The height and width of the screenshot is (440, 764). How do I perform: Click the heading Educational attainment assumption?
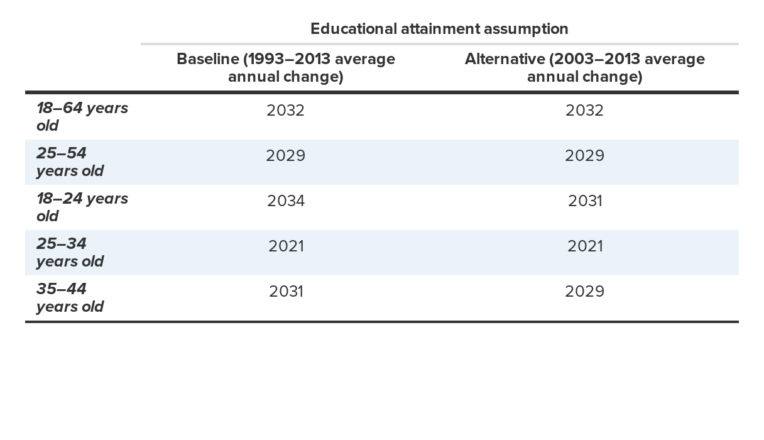click(439, 29)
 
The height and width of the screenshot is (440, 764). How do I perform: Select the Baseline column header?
click(285, 67)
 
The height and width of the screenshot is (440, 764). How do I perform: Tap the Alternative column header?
click(584, 67)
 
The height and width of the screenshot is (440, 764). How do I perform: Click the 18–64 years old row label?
click(82, 117)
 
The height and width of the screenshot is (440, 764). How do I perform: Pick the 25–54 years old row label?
click(70, 162)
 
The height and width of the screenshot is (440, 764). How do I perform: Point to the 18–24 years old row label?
click(82, 207)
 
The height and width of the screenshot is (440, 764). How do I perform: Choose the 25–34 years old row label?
click(70, 253)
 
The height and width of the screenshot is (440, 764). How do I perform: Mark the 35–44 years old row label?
click(70, 298)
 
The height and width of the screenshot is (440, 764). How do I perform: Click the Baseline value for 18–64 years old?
click(285, 111)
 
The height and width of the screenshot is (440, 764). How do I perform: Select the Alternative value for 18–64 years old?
click(584, 111)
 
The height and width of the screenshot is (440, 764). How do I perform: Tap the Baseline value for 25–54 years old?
click(285, 156)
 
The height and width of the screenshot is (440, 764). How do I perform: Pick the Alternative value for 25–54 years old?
click(584, 156)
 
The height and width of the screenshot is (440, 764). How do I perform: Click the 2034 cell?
click(285, 201)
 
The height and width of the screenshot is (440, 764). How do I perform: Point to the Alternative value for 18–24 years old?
click(584, 201)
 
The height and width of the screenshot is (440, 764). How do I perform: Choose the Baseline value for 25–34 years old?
click(285, 246)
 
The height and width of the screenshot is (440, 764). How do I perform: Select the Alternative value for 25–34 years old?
click(584, 246)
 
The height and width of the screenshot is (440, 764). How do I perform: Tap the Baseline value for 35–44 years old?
click(285, 292)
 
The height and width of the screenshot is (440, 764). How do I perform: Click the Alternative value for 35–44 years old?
click(584, 292)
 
